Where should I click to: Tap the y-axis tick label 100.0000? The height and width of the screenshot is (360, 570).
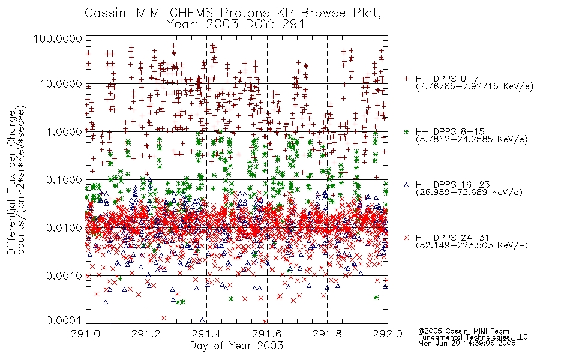58,38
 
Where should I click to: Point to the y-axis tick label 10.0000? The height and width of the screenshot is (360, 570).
61,84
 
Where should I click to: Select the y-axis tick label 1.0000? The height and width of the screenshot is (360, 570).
64,131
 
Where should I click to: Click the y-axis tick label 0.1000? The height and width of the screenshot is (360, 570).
64,179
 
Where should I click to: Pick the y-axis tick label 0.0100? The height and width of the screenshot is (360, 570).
64,228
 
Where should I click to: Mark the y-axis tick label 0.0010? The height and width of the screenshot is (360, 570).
64,276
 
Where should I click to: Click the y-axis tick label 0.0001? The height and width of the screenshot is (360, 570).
64,320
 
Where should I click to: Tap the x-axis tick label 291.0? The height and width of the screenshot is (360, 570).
86,334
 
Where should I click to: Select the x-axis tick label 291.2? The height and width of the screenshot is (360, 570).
146,334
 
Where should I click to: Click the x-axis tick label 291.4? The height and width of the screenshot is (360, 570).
206,334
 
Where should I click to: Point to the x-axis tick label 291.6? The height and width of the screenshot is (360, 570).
267,334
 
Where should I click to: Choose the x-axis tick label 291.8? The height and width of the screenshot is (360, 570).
327,334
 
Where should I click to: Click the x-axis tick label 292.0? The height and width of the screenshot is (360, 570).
388,334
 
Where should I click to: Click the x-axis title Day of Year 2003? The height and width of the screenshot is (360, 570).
236,346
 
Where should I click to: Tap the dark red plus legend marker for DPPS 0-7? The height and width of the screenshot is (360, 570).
406,79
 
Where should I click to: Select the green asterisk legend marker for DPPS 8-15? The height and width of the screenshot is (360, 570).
406,131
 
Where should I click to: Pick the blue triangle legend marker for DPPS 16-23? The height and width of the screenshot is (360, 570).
406,185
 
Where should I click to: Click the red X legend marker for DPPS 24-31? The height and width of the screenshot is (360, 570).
406,238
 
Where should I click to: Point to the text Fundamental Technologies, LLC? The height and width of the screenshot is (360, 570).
473,337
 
